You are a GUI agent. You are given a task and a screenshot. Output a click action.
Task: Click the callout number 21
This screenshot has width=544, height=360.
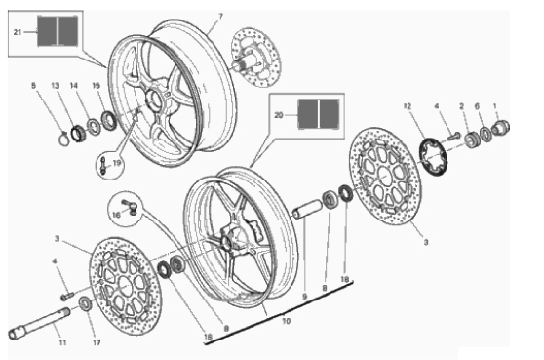pyautogui.click(x=18, y=32)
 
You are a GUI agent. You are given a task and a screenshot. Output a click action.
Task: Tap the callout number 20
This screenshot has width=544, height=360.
pyautogui.click(x=279, y=115)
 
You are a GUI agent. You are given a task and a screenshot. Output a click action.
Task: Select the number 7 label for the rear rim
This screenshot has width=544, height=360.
pyautogui.click(x=220, y=17)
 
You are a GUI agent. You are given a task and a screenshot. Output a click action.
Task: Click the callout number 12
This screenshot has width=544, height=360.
pyautogui.click(x=408, y=106)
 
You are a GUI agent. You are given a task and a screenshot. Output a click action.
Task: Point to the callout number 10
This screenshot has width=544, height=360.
pyautogui.click(x=286, y=321)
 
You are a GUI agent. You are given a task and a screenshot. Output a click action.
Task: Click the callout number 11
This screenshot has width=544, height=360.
pyautogui.click(x=62, y=342)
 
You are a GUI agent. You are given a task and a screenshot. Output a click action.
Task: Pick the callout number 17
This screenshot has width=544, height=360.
pyautogui.click(x=97, y=342)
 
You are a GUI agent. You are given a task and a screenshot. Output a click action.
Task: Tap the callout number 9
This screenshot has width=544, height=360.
pyautogui.click(x=304, y=297)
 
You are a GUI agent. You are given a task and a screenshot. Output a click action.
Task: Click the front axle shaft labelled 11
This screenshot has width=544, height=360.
pyautogui.click(x=39, y=323)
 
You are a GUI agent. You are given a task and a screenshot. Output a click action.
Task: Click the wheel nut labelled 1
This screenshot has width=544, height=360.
pyautogui.click(x=501, y=126)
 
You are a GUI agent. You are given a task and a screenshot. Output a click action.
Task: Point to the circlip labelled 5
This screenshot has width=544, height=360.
pyautogui.click(x=63, y=139)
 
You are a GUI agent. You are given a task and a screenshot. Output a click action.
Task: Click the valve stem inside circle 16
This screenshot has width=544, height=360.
pyautogui.click(x=130, y=207)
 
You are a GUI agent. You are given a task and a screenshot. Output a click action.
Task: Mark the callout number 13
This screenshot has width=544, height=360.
pyautogui.click(x=56, y=86)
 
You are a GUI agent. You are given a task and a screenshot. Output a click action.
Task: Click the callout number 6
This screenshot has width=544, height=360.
pyautogui.click(x=477, y=106)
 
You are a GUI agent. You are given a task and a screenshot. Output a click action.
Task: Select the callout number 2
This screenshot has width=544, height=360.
pyautogui.click(x=461, y=106)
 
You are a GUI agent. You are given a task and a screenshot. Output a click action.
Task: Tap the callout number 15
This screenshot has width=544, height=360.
pyautogui.click(x=97, y=86)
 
